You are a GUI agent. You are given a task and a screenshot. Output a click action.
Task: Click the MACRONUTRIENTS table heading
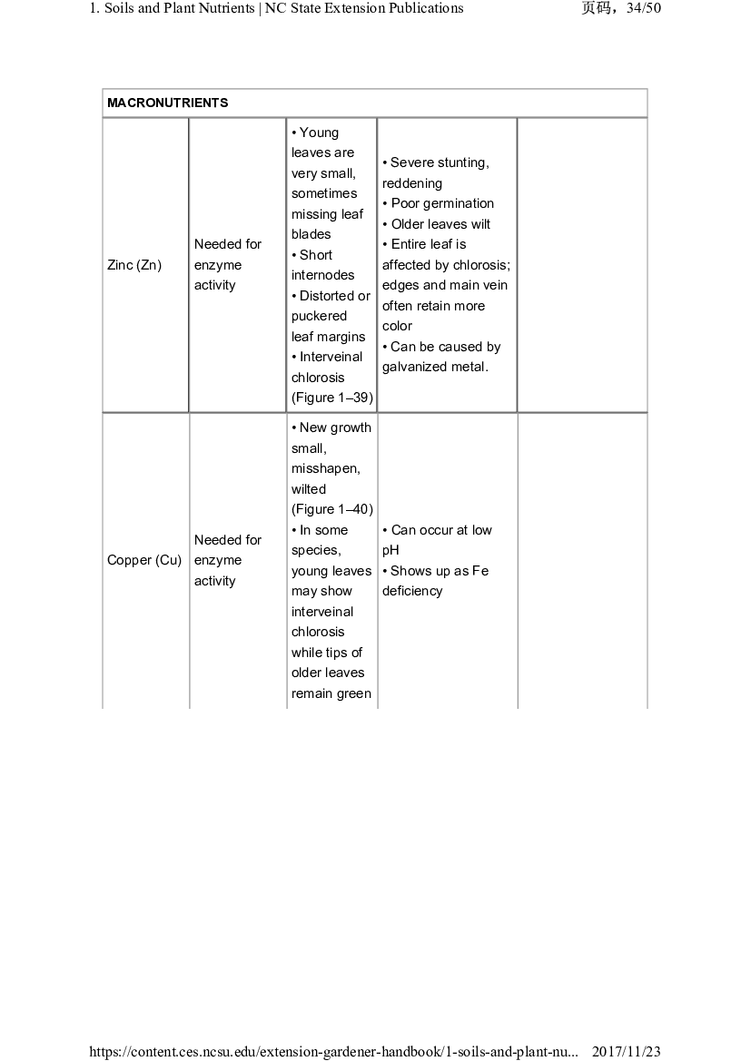168,103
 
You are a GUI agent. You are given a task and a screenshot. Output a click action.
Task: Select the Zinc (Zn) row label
134,265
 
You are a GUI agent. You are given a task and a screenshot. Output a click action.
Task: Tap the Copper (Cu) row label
144,560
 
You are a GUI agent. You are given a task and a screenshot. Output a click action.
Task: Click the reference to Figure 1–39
332,398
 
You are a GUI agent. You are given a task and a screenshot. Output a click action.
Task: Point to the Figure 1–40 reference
332,509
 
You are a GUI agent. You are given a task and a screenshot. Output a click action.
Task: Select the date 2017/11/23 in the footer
627,1052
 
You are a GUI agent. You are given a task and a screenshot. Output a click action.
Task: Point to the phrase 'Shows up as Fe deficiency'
436,581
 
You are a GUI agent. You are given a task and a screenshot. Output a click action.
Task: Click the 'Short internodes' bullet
323,265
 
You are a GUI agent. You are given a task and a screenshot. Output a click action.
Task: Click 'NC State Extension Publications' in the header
364,9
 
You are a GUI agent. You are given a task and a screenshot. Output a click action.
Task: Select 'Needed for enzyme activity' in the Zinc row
227,265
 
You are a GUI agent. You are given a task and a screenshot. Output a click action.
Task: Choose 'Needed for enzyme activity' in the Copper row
227,560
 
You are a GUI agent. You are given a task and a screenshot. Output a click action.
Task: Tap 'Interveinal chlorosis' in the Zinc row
326,367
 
